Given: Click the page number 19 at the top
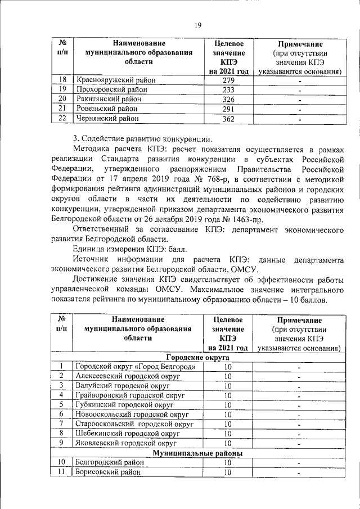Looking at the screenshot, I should [x=198, y=25].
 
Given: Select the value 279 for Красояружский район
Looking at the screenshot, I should [x=228, y=80].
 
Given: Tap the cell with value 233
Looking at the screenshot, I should [x=228, y=90].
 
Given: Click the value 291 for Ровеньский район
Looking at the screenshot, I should [x=228, y=109].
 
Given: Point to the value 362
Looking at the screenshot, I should [x=228, y=118].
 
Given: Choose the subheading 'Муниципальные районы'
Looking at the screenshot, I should [x=197, y=453].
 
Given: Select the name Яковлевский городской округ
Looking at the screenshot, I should [x=127, y=443].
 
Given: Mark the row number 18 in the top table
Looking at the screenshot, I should [x=62, y=80].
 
